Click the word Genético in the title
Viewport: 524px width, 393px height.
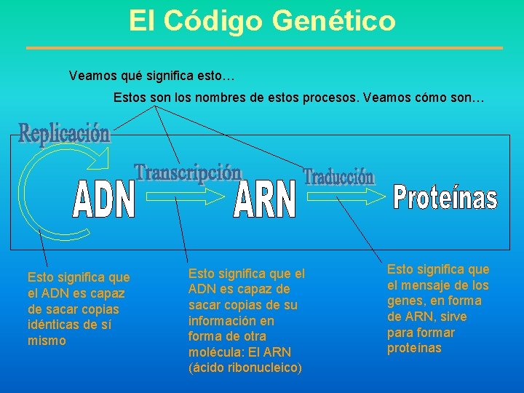334,20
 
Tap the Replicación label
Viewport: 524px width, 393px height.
64,134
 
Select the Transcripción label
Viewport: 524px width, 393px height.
188,172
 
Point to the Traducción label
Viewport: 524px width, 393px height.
339,177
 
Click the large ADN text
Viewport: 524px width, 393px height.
105,199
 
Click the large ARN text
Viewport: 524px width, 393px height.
266,199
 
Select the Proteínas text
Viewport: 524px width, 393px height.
445,197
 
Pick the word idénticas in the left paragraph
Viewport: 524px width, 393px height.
52,325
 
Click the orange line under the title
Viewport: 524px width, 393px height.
264,48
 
